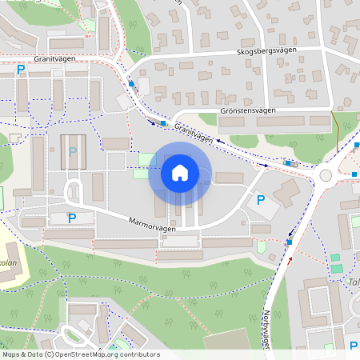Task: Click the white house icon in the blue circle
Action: (x=180, y=172)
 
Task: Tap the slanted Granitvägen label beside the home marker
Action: (x=194, y=133)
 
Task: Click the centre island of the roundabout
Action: (x=326, y=175)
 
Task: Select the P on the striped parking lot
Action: (x=73, y=150)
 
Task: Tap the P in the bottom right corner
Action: (x=354, y=346)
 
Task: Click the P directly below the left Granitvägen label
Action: (x=20, y=70)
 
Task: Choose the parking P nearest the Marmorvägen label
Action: (x=71, y=218)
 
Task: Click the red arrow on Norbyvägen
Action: (x=290, y=259)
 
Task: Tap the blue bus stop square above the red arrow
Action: (x=290, y=241)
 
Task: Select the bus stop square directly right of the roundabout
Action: (x=354, y=174)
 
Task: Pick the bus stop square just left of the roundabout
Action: (x=287, y=163)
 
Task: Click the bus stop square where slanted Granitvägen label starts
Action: (x=163, y=123)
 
